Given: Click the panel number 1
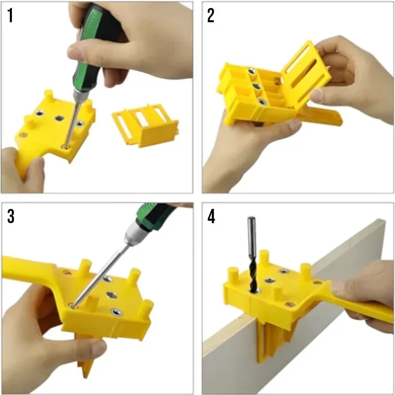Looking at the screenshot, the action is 10,15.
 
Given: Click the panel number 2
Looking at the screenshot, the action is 211,15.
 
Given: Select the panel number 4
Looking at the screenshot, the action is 211,216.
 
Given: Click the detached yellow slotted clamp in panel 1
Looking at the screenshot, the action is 145,125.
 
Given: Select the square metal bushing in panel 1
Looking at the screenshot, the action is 60,118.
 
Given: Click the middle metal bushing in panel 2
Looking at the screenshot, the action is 256,86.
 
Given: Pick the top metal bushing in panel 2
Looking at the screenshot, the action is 251,71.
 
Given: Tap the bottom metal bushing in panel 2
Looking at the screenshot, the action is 262,102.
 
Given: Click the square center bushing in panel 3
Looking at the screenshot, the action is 112,295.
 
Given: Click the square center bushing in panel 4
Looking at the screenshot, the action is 270,280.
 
